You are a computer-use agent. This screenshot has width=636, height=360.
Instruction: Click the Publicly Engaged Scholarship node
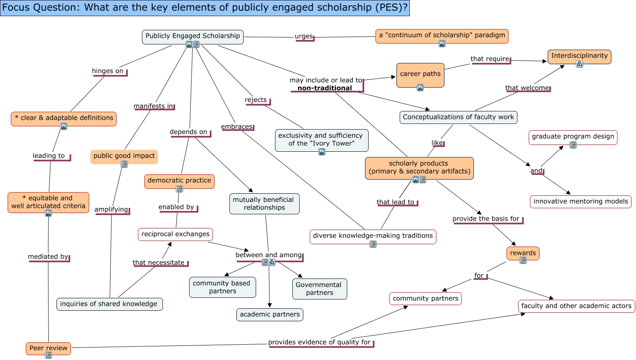pos(192,37)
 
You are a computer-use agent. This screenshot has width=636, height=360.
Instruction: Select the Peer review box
pos(48,348)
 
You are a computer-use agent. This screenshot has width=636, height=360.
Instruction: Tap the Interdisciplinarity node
pos(579,57)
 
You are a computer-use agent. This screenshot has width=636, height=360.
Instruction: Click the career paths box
pos(420,75)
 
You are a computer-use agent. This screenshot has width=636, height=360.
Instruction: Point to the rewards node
pos(523,253)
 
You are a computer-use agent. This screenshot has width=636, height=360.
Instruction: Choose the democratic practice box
pos(179,181)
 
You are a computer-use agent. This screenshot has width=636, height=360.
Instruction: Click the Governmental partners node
pos(319,289)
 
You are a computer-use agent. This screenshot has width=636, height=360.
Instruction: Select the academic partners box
pos(270,314)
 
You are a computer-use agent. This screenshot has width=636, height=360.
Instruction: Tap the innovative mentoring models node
pos(581,201)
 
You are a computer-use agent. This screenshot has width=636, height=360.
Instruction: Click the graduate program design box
pos(573,138)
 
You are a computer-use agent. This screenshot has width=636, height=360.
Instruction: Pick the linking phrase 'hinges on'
pos(108,71)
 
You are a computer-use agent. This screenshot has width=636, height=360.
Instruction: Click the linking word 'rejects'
pos(256,100)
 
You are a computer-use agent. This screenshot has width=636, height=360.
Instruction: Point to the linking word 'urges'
pos(304,36)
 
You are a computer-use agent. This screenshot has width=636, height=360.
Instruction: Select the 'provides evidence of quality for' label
pos(319,342)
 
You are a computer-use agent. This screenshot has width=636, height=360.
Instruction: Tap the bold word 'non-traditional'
pos(325,88)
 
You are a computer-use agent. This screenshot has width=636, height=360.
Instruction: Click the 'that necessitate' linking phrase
pos(158,263)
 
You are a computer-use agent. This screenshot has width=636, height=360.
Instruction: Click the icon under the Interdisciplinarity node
pos(580,64)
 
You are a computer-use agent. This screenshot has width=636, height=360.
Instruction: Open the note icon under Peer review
pos(48,355)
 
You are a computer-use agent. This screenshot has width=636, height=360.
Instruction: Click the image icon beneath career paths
pos(420,88)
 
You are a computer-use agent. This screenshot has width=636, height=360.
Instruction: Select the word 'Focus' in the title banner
pos(16,7)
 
